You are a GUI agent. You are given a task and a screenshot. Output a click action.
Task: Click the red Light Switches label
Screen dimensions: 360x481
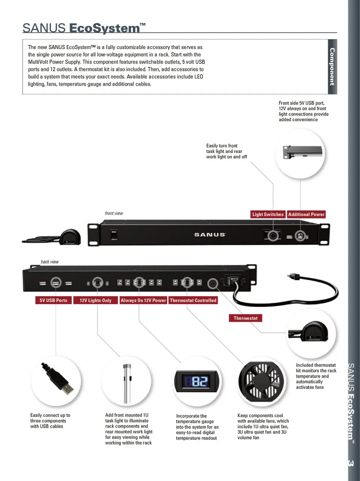tap(268, 214)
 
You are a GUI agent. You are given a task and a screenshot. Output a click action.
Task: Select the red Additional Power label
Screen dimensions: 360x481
tap(306, 214)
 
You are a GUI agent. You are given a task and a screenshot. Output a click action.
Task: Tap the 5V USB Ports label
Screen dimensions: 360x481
tap(54, 300)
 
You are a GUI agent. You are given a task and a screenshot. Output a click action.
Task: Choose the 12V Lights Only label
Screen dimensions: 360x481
tap(96, 300)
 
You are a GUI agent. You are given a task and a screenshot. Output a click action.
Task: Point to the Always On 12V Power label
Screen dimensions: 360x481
tap(143, 300)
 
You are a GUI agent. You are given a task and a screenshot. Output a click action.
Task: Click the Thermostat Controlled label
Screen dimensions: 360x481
tap(193, 300)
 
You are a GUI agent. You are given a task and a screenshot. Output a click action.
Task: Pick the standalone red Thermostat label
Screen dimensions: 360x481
tap(245, 318)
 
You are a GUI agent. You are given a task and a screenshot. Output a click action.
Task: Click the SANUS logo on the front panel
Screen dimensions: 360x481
tap(210, 235)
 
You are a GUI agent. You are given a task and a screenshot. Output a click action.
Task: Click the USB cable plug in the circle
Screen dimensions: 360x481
tap(58, 378)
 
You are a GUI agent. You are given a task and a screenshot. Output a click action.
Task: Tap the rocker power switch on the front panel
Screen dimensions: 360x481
tap(114, 235)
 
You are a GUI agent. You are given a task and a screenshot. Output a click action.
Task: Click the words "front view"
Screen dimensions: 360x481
tap(114, 213)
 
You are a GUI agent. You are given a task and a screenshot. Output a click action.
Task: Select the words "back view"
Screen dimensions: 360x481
tap(50, 262)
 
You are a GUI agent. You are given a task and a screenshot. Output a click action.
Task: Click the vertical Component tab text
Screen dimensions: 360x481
tap(332, 67)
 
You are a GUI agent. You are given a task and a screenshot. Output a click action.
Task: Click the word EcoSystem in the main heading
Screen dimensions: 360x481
tap(105, 28)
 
